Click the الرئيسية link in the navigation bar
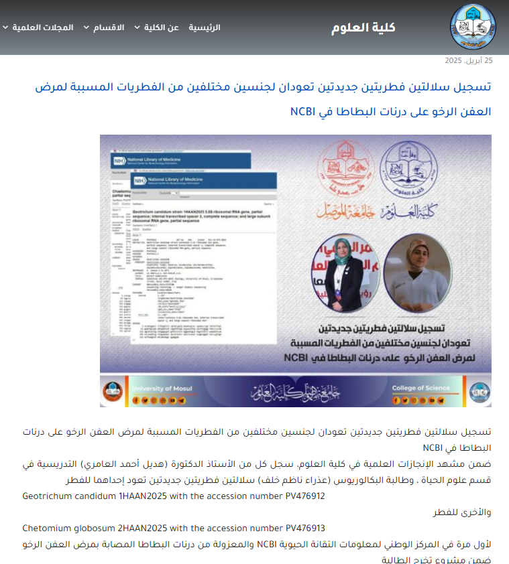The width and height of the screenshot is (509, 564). click(x=204, y=27)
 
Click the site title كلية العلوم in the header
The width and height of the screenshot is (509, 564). click(x=363, y=27)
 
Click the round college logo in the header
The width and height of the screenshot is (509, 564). click(x=473, y=27)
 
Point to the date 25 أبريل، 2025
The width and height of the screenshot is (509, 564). click(x=469, y=61)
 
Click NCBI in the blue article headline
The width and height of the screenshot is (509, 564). click(x=303, y=111)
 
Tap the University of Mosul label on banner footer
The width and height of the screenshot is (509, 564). click(x=161, y=389)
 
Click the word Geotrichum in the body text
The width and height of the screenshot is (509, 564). click(x=48, y=496)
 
